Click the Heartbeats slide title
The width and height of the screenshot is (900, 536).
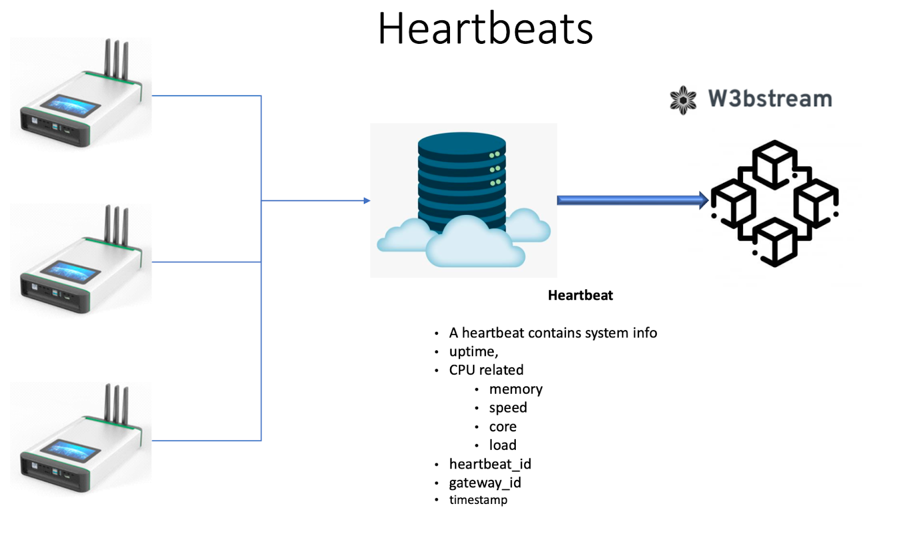485,29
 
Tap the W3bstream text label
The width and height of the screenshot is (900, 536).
769,99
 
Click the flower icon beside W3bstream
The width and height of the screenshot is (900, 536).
683,100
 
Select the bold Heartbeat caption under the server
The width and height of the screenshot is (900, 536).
580,295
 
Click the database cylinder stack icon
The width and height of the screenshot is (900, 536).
461,180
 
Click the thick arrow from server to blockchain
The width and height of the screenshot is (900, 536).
630,200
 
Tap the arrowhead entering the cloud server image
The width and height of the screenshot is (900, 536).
367,200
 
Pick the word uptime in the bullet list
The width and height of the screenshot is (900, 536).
473,352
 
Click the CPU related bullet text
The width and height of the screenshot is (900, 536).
486,370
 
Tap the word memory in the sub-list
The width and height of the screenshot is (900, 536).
515,389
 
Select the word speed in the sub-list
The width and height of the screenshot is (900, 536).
507,408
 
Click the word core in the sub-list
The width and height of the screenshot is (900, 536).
502,427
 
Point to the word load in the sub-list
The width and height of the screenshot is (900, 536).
502,445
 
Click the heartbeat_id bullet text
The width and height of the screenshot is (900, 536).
490,464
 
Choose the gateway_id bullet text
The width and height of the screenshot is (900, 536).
485,483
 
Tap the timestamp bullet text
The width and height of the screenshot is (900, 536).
478,500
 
